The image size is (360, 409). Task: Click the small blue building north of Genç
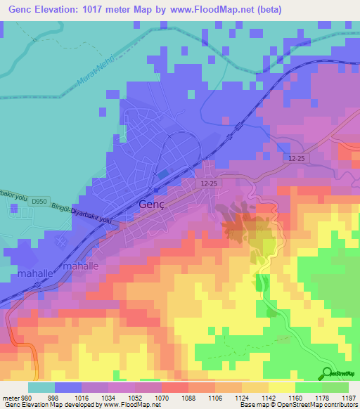[163, 174]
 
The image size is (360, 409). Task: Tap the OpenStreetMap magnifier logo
[328, 373]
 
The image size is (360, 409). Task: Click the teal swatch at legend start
[41, 387]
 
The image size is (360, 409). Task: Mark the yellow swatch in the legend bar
[281, 387]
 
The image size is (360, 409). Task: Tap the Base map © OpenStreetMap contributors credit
[297, 405]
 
